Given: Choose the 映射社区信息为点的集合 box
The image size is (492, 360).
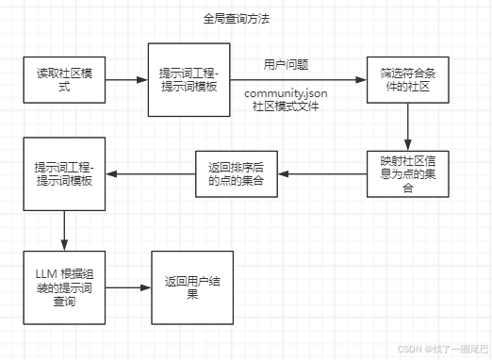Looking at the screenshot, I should [406, 173].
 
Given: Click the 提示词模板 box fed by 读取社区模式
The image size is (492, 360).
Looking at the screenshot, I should [189, 79].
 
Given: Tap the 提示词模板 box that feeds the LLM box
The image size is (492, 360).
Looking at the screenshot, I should [64, 173].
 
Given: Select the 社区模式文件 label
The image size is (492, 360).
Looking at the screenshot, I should [287, 107].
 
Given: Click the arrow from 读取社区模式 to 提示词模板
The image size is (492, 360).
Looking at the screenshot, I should [126, 79].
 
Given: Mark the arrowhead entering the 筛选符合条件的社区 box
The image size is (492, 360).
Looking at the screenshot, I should [363, 79].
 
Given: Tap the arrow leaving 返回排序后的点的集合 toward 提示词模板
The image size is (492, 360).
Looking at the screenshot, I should [150, 173].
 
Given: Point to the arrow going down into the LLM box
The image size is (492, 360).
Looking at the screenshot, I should [64, 230].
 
